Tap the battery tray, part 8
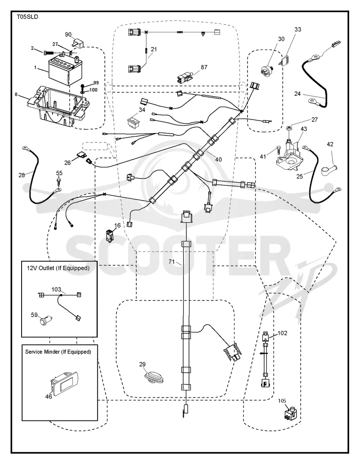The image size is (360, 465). tap(58, 107)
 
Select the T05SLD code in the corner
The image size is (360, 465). tap(27, 17)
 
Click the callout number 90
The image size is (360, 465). tap(68, 35)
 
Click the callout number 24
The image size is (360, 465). tap(297, 94)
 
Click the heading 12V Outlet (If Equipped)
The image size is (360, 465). tap(58, 268)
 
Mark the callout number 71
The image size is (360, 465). tap(172, 262)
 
